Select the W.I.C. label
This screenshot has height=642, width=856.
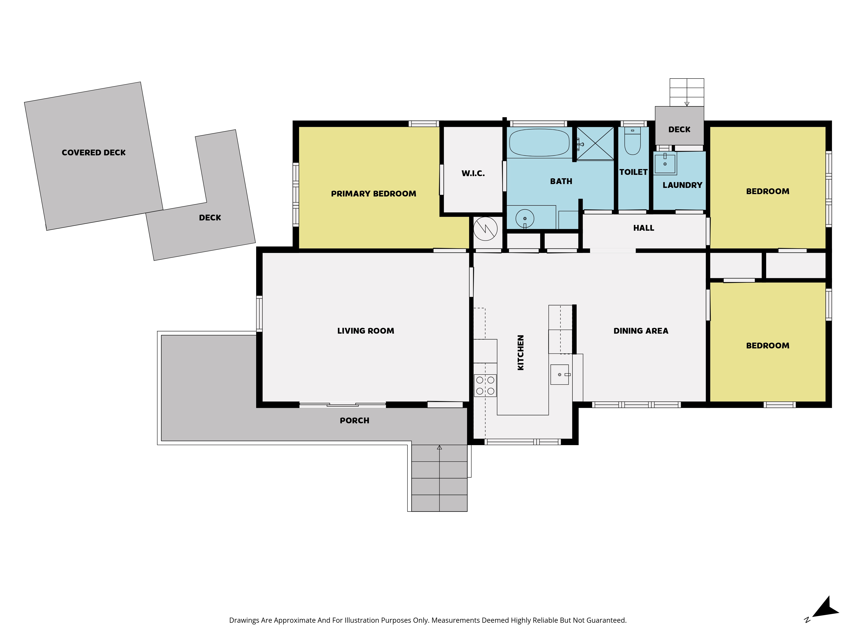point(473,173)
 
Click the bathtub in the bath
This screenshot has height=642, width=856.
point(539,142)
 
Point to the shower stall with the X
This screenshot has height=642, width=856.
point(595,143)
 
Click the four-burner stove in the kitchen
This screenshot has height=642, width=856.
point(485,385)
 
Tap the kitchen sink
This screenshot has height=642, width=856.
point(560,374)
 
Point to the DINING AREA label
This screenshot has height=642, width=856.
point(641,331)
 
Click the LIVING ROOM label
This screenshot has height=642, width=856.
point(366,331)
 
